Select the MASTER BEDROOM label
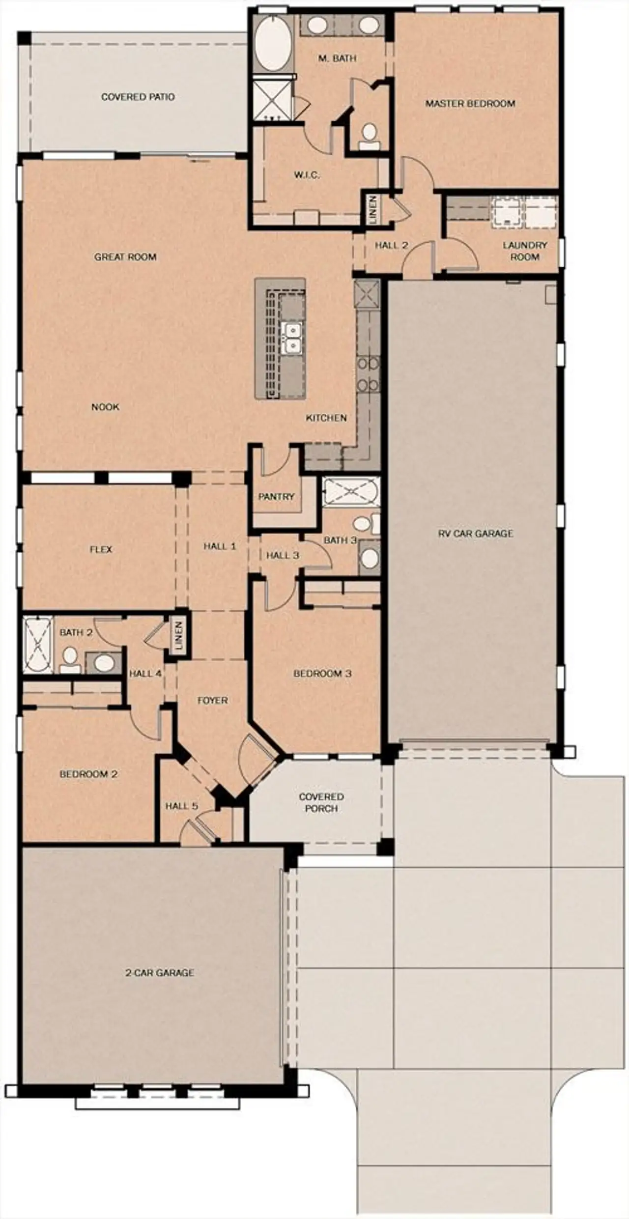click(470, 104)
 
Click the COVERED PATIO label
click(138, 97)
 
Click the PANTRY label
click(276, 497)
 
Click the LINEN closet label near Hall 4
click(178, 635)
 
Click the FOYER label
click(213, 700)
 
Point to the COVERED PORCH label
click(321, 802)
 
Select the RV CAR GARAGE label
click(476, 533)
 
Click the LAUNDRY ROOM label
click(525, 251)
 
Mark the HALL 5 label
click(181, 806)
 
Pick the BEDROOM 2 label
click(88, 774)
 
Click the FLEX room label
click(101, 549)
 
